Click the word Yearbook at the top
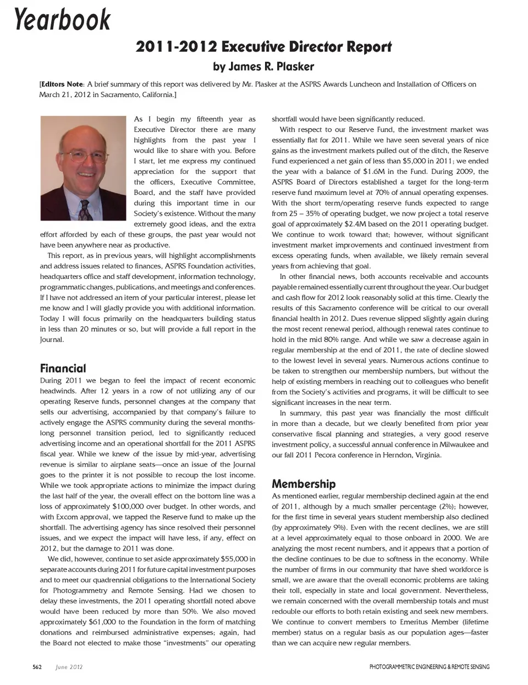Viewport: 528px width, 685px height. [62, 20]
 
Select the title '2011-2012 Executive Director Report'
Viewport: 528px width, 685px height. [263, 47]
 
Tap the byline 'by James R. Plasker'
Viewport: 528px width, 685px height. [263, 67]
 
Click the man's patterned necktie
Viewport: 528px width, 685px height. [84, 209]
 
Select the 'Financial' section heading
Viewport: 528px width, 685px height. [63, 368]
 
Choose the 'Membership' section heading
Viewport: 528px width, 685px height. [304, 484]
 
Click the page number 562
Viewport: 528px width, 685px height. [37, 667]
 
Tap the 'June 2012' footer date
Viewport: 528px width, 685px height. [69, 667]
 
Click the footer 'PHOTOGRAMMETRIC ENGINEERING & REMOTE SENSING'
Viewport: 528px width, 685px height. [429, 667]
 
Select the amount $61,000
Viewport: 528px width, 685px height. [102, 622]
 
